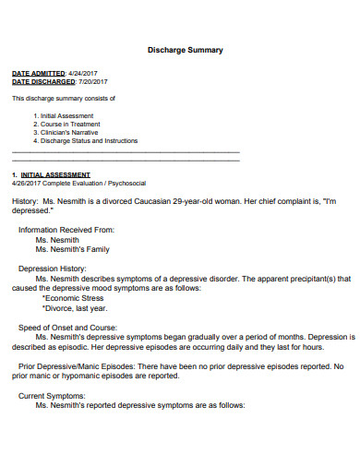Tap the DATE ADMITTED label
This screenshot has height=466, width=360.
(38, 72)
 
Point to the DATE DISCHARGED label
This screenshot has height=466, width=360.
(42, 81)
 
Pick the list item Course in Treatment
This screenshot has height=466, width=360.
(66, 124)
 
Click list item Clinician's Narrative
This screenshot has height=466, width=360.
(67, 133)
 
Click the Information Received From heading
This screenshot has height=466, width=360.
(66, 230)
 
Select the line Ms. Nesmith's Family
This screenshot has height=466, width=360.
(72, 249)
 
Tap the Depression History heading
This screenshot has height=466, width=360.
(58, 269)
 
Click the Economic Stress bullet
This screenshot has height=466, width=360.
(77, 298)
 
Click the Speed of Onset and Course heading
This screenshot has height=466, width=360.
(68, 328)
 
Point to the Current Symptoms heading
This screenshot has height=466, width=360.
(54, 396)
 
